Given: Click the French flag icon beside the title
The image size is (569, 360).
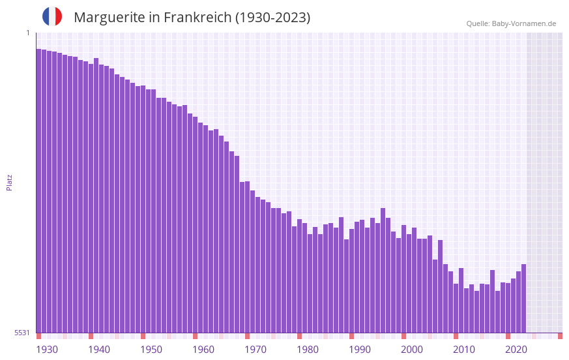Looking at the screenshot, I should [52, 16].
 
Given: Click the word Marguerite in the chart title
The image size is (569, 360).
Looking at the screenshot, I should [109, 18].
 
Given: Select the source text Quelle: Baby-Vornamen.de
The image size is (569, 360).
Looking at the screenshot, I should [511, 23].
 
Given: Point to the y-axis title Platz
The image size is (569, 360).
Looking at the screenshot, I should [9, 182].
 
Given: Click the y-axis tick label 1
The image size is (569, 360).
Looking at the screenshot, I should [27, 33].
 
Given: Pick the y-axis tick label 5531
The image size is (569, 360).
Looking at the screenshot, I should [22, 333].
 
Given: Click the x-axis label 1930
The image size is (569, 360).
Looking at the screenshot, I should [47, 350].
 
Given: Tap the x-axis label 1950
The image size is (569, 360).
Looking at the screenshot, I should [151, 350].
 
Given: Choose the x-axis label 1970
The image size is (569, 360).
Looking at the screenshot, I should [255, 350].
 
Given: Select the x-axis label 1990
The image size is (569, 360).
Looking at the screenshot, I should [360, 350].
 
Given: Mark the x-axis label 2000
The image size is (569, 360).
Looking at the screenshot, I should [412, 350].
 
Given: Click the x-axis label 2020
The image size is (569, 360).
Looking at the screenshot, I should [516, 350].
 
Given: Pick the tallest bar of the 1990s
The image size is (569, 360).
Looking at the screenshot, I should [383, 270].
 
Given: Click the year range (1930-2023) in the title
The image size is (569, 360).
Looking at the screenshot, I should [274, 18].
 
